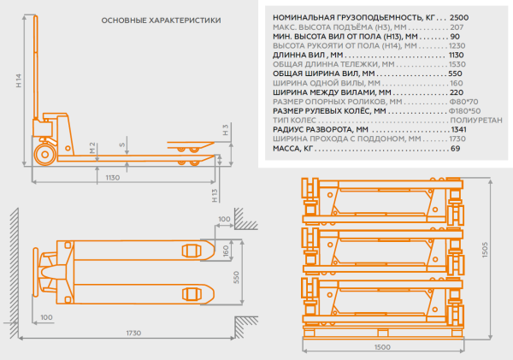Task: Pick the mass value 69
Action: pos(455,148)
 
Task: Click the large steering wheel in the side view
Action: pos(44,154)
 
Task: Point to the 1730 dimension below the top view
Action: pos(132,333)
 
